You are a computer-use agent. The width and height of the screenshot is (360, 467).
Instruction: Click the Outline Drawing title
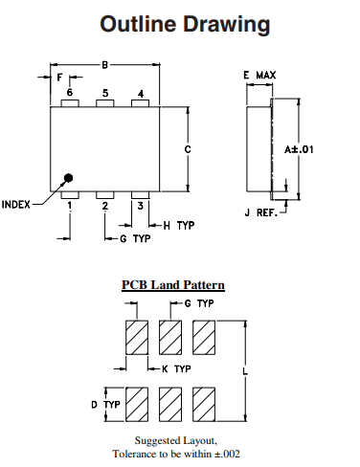[x=180, y=24]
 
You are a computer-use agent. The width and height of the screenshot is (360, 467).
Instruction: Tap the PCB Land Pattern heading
[x=172, y=284]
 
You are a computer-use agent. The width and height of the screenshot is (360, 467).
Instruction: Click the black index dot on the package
[x=69, y=177]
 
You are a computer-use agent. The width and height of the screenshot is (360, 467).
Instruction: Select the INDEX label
[x=18, y=204]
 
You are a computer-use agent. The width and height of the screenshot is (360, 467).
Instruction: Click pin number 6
[x=70, y=92]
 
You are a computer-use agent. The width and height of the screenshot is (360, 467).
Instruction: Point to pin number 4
[x=141, y=93]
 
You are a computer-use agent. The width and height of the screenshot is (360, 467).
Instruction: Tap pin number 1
[x=70, y=205]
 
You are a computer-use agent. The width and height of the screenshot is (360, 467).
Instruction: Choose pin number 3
[x=141, y=205]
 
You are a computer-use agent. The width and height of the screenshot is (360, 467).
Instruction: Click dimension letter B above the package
[x=104, y=64]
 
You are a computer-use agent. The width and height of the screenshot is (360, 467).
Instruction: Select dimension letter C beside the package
[x=189, y=149]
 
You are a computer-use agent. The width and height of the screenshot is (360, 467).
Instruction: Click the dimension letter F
[x=59, y=77]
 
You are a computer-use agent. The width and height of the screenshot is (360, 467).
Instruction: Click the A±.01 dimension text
[x=302, y=149]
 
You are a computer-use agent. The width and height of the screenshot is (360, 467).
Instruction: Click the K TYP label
[x=175, y=368]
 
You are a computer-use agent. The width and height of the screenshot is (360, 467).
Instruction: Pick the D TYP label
[x=105, y=405]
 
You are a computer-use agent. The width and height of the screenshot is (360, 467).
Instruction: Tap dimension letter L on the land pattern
[x=246, y=368]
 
